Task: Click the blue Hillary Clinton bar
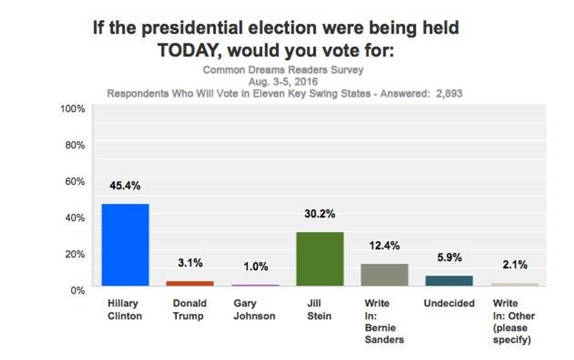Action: tap(125, 245)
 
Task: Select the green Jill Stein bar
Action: tap(320, 259)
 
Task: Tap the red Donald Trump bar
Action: tap(190, 283)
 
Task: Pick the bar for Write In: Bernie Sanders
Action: tap(384, 275)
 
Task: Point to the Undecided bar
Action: tap(449, 280)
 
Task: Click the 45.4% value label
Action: tap(125, 186)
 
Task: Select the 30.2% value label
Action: tap(320, 214)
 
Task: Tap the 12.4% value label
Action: tap(384, 246)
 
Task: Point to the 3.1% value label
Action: tap(190, 263)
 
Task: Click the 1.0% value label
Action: tap(255, 267)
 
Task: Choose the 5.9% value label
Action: tap(449, 258)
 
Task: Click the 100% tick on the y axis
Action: tap(74, 109)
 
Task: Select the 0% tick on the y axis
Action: tap(78, 290)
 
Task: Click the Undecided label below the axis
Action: tap(449, 304)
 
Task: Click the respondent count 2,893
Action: tap(450, 93)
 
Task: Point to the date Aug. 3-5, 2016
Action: tap(283, 81)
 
